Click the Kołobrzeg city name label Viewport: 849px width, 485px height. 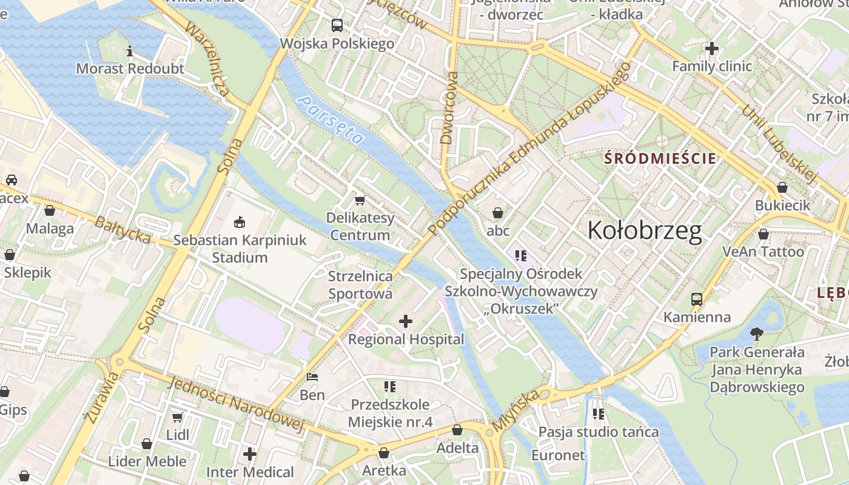[x=645, y=231]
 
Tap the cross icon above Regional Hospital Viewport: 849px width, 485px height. [x=406, y=321]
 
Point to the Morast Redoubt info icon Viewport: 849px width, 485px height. [x=129, y=51]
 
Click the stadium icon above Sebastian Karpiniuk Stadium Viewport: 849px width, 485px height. [x=240, y=222]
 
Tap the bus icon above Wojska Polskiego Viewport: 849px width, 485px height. [x=337, y=25]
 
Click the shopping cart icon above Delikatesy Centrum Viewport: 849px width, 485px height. [x=360, y=199]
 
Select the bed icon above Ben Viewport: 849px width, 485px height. [x=312, y=377]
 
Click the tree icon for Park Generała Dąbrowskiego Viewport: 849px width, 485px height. [x=756, y=333]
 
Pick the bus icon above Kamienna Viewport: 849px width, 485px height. [x=696, y=299]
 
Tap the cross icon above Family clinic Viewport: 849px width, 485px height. [x=712, y=48]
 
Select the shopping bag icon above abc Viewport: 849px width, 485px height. [x=498, y=213]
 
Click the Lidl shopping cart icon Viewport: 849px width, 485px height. [x=178, y=417]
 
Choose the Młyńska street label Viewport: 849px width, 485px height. [x=515, y=411]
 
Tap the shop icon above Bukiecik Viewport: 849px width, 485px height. [x=782, y=187]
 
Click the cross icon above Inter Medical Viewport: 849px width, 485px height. [x=250, y=453]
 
